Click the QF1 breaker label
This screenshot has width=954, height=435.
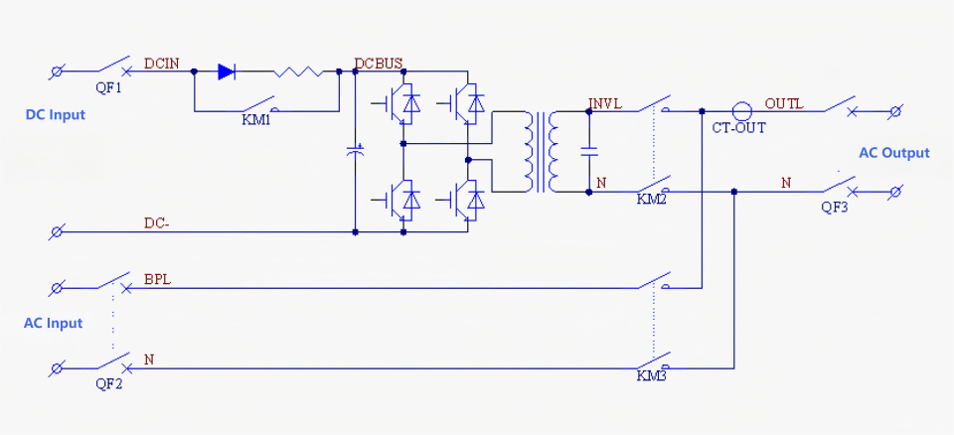point(109,87)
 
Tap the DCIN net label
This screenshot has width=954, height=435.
point(162,64)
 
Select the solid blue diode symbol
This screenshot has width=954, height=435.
point(226,72)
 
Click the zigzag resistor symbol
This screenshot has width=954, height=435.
point(297,72)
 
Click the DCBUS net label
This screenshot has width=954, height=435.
point(379,64)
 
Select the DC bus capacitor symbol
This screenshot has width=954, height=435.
point(356,152)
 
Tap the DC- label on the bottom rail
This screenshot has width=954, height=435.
point(156,223)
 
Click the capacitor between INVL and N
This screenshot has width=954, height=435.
point(589,152)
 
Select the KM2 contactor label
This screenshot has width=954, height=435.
point(652,199)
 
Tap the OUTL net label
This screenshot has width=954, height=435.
point(784,103)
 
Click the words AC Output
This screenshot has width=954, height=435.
point(894,153)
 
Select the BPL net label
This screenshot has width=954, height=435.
point(157,279)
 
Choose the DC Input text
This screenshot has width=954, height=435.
point(55,114)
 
